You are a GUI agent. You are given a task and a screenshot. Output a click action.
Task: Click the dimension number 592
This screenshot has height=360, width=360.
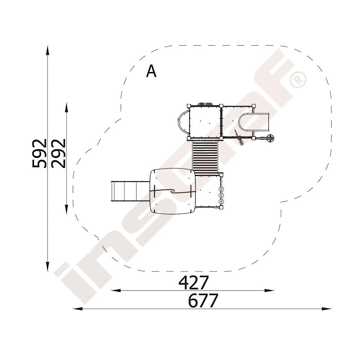[x=39, y=153]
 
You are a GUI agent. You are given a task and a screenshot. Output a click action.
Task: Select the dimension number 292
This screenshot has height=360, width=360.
[x=58, y=153]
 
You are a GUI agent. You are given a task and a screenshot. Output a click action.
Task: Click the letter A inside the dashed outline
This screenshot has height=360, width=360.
[x=151, y=71]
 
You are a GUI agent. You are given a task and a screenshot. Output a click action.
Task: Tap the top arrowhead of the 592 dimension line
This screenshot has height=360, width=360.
[x=48, y=50]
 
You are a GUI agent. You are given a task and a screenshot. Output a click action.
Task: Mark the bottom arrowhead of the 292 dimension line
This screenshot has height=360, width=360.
[x=67, y=210]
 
